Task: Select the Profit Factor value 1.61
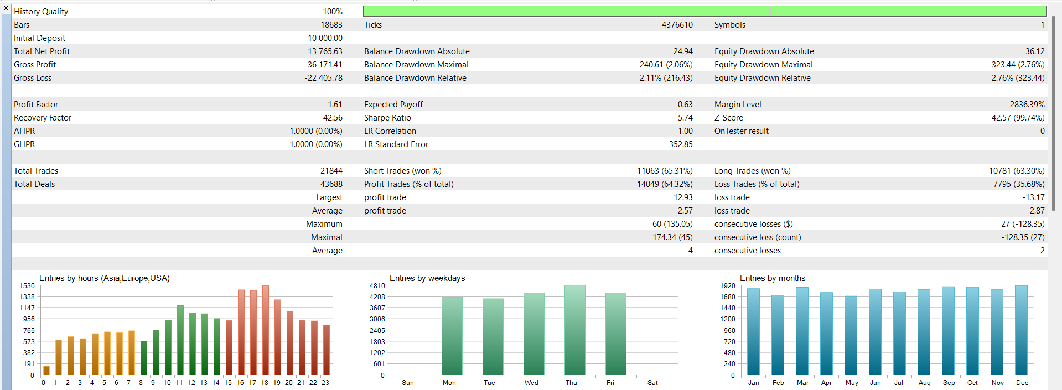[335, 105]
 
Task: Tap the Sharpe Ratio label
[387, 118]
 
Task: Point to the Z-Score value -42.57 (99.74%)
[1017, 118]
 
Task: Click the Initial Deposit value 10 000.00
[325, 38]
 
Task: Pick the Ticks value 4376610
[677, 25]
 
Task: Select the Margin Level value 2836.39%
[1027, 105]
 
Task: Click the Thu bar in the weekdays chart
[574, 330]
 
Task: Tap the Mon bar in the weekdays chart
[452, 336]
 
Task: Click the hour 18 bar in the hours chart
[266, 330]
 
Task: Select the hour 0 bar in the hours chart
[46, 371]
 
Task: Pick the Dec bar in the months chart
[1021, 330]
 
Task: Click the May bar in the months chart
[851, 336]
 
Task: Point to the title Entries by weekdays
[427, 278]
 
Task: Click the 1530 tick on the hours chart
[27, 286]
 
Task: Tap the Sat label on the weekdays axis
[652, 383]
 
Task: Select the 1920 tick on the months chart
[728, 286]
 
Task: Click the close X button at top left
[6, 8]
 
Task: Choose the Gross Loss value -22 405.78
[323, 78]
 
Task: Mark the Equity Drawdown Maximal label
[763, 65]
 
